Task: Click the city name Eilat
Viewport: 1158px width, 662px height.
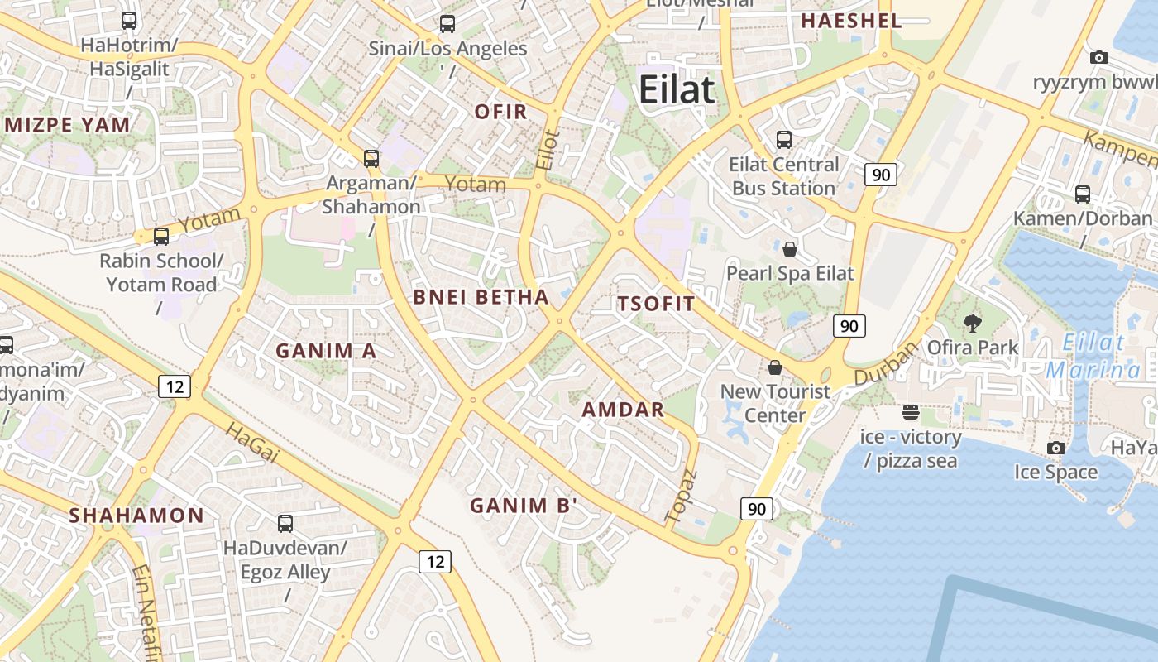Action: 676,89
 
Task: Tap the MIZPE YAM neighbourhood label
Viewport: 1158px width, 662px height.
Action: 68,125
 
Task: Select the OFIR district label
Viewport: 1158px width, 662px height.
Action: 500,112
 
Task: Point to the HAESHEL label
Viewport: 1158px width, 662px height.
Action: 851,21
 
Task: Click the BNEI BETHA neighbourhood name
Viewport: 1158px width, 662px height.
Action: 481,297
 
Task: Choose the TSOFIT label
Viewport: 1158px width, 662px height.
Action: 656,304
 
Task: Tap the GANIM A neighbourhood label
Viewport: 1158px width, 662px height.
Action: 326,351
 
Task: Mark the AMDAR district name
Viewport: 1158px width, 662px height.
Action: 623,410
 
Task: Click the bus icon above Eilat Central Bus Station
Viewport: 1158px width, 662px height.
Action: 783,140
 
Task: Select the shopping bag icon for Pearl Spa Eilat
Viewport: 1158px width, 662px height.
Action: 790,248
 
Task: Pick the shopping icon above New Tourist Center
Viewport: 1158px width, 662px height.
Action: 775,367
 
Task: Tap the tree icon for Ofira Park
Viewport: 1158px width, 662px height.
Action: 972,324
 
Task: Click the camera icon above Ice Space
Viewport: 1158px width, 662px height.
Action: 1055,448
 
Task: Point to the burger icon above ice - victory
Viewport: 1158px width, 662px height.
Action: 911,411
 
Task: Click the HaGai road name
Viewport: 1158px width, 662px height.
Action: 248,441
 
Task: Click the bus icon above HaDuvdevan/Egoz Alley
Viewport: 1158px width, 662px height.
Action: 285,523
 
